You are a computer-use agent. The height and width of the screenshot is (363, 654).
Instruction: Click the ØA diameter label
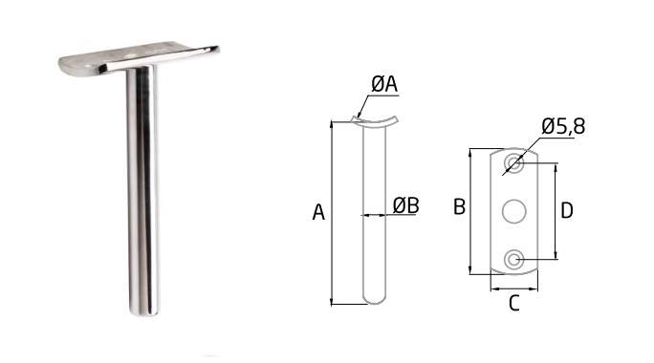click(384, 84)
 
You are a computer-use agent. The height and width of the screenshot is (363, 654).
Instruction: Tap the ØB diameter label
click(405, 205)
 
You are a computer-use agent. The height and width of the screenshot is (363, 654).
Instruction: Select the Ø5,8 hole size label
click(563, 127)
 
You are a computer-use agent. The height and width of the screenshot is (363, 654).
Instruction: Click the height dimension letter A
click(318, 212)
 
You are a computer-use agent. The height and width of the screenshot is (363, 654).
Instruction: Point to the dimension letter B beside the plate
click(459, 206)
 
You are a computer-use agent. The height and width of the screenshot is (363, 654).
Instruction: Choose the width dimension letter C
click(514, 303)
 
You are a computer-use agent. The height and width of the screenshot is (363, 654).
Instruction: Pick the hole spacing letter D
click(567, 210)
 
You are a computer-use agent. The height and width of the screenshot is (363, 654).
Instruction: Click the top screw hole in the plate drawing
click(513, 162)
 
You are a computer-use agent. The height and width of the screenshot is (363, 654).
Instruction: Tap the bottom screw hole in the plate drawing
click(513, 260)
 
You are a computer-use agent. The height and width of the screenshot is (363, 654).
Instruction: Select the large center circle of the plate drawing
click(513, 211)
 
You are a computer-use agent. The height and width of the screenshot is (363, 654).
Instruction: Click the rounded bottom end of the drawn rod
click(374, 300)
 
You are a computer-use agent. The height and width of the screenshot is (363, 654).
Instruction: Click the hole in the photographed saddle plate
click(130, 54)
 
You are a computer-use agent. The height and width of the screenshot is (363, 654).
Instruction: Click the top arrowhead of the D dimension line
click(556, 168)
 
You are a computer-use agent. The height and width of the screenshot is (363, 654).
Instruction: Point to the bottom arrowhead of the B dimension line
click(470, 270)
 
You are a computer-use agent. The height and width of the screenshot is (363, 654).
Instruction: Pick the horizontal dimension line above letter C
click(514, 288)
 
